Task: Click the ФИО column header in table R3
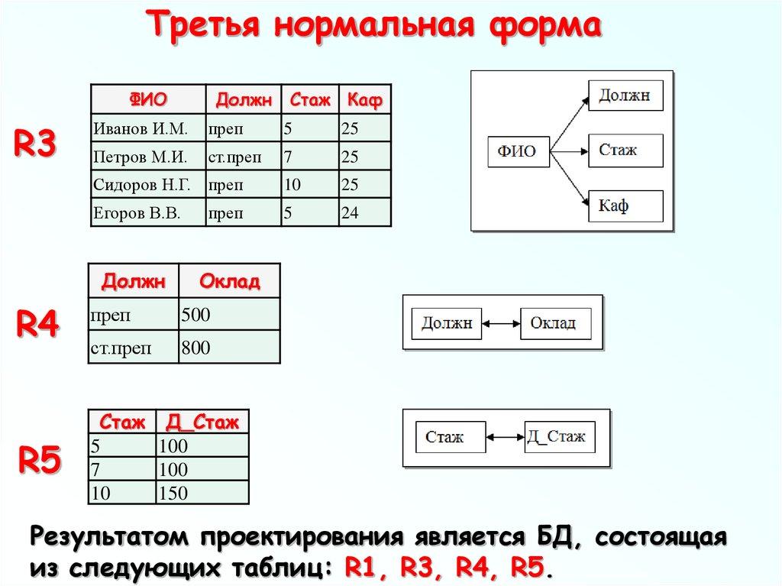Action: tap(147, 99)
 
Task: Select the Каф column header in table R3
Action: tap(365, 99)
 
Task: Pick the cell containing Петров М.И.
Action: tap(147, 157)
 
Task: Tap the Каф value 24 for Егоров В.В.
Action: tap(365, 213)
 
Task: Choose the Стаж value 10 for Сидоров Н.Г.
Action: tap(309, 185)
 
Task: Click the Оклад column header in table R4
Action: tap(229, 281)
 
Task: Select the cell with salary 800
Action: tap(229, 348)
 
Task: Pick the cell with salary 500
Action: tap(229, 314)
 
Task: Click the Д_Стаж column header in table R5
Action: tap(202, 422)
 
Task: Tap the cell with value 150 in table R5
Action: tap(202, 494)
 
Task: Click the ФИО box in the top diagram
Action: tap(517, 151)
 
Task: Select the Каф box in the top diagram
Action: tap(625, 206)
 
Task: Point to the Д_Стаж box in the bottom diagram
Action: tap(557, 437)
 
